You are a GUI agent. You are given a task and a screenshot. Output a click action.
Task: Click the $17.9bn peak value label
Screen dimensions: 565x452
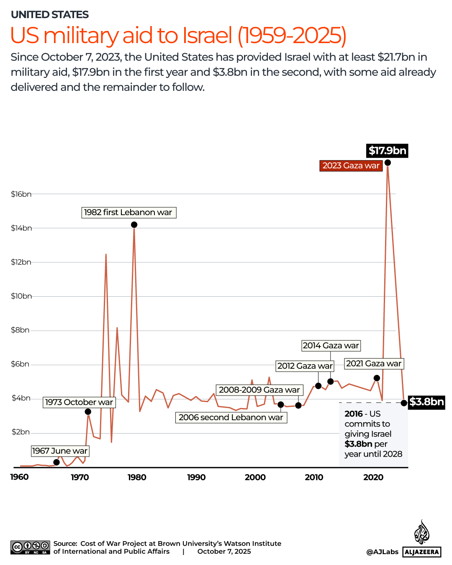(x=387, y=151)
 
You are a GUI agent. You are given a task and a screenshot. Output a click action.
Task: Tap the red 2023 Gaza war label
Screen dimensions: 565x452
(x=351, y=166)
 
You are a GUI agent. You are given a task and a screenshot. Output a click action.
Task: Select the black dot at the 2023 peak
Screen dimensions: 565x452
(x=388, y=162)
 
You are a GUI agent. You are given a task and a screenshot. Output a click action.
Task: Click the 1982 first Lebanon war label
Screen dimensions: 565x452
(x=128, y=213)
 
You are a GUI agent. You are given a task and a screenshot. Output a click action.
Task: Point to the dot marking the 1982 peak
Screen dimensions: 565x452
(x=134, y=225)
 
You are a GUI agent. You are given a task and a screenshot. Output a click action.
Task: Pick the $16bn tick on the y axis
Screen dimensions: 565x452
(x=21, y=194)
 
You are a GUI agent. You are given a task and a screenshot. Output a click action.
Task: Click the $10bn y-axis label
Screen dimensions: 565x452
(x=21, y=296)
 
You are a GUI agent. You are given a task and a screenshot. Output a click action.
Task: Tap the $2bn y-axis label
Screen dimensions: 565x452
(x=21, y=432)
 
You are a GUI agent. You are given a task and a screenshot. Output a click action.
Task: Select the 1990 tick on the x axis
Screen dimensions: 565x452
(x=196, y=478)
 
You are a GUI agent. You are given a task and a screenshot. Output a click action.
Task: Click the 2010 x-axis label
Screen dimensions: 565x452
(x=314, y=478)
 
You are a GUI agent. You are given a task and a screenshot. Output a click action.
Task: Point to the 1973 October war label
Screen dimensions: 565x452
(x=79, y=403)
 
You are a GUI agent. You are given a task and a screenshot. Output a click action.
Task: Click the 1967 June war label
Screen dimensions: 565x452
(x=60, y=451)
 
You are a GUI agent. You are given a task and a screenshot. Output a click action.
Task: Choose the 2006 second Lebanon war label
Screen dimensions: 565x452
(x=231, y=418)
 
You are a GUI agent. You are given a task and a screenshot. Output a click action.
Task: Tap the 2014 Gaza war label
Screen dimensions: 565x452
(x=331, y=346)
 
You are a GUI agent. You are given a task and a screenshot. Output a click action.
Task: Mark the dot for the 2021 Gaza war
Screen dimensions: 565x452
(x=377, y=378)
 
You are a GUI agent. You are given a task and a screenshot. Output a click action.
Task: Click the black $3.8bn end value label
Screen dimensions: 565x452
(x=426, y=402)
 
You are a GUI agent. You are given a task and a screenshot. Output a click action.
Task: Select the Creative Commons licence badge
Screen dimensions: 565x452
(x=31, y=547)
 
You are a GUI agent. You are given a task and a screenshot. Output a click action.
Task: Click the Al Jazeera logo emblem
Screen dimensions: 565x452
(x=421, y=533)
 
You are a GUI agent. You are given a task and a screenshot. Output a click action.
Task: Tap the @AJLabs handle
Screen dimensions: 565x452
(x=382, y=552)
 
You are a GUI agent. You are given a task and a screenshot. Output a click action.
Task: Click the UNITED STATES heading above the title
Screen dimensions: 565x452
(x=50, y=15)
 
